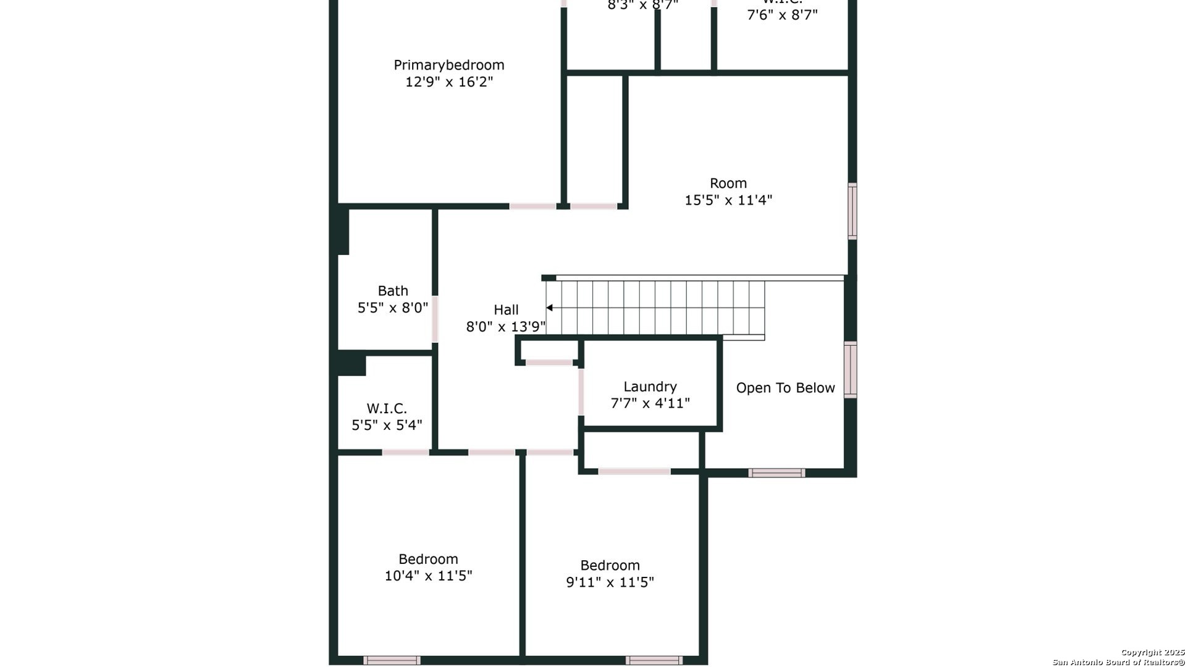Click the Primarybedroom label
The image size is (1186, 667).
coord(449,65)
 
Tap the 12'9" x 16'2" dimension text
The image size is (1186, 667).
coord(449,82)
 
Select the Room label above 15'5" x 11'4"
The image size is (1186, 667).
coord(728,183)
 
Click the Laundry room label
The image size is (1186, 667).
coord(650,387)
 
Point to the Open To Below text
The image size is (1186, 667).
coord(785,388)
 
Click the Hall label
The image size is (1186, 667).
coord(506,310)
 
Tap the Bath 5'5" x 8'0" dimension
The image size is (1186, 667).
coord(393,308)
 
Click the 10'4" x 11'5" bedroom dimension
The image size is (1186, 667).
coord(428,576)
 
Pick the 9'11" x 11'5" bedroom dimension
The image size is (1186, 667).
coord(610,582)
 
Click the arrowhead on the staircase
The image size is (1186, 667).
coord(549,308)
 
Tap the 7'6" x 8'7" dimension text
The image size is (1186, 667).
coord(782,15)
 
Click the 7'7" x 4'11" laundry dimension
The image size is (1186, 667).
coord(650,403)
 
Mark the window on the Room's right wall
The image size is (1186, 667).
coord(852,211)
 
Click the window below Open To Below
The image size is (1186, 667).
coord(776,473)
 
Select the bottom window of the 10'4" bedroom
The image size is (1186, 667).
coord(392,660)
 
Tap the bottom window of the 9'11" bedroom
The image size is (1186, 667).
coord(654,660)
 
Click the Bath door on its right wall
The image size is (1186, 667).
coord(435,319)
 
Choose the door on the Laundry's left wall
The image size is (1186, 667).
coord(581,392)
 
